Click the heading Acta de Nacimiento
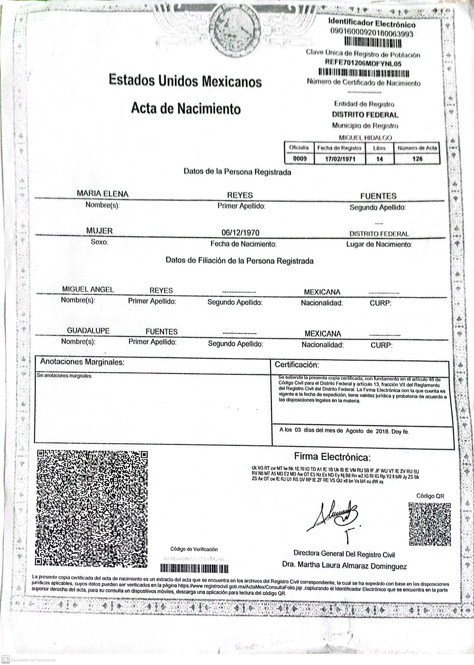click(186, 108)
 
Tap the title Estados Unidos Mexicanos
click(185, 81)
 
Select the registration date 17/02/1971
click(340, 159)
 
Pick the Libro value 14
click(379, 159)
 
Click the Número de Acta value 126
click(417, 159)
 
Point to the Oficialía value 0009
click(300, 159)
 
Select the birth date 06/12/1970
click(240, 233)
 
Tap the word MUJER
click(99, 231)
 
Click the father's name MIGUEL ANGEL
click(88, 289)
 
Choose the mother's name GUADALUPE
click(88, 331)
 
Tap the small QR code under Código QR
click(429, 524)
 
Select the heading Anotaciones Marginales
click(82, 362)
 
